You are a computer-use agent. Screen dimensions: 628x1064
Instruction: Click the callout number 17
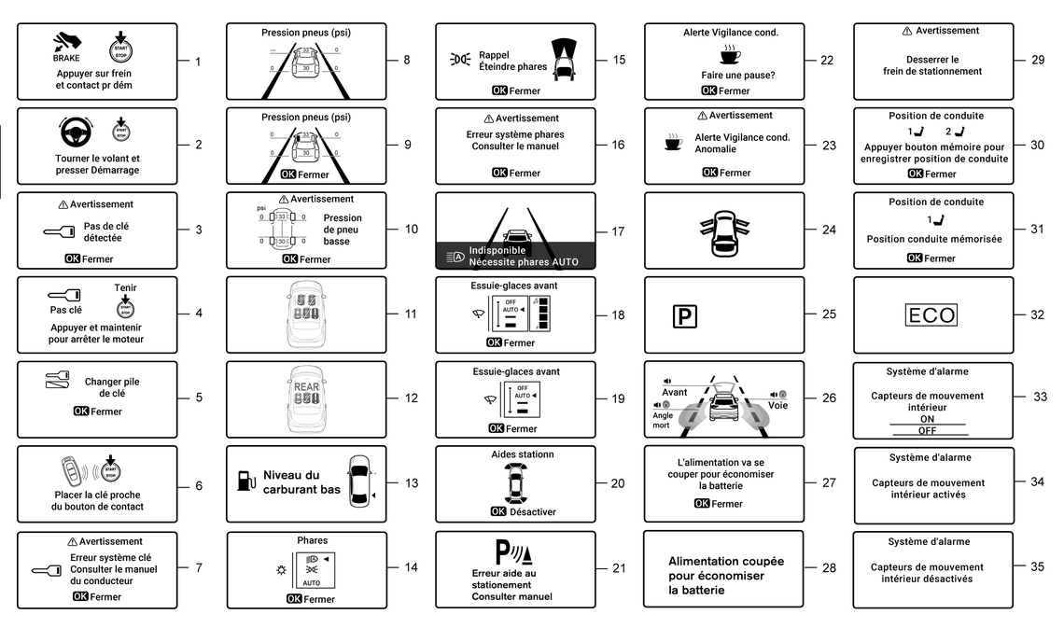[x=619, y=231]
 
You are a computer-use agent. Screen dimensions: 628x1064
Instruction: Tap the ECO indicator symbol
[x=932, y=315]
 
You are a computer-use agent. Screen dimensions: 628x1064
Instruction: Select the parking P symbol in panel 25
[x=684, y=316]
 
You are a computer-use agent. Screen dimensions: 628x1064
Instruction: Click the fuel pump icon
[x=245, y=481]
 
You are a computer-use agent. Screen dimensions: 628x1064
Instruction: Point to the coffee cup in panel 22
[x=730, y=55]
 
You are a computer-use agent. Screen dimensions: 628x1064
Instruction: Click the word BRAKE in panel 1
[x=66, y=58]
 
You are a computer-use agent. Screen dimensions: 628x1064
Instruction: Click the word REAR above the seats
[x=307, y=384]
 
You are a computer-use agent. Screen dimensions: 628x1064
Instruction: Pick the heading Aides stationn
[x=523, y=454]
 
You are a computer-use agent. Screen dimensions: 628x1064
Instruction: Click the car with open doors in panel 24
[x=724, y=230]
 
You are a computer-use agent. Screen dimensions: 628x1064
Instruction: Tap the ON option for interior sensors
[x=927, y=419]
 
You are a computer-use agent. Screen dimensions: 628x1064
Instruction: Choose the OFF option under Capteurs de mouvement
[x=927, y=430]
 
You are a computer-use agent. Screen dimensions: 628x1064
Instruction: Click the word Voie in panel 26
[x=778, y=406]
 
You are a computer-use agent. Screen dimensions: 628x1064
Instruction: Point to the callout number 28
[x=829, y=568]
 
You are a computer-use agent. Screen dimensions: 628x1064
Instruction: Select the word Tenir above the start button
[x=125, y=287]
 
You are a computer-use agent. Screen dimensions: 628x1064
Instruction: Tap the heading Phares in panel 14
[x=313, y=540]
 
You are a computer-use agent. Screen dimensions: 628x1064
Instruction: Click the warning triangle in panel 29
[x=907, y=31]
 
